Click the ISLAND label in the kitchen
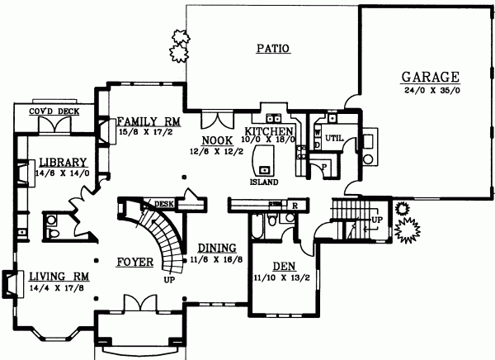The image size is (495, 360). tap(265, 182)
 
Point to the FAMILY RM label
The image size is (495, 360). tap(149, 121)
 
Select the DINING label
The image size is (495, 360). tap(218, 247)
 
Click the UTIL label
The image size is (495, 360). tap(334, 137)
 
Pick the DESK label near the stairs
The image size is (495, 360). tap(164, 203)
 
